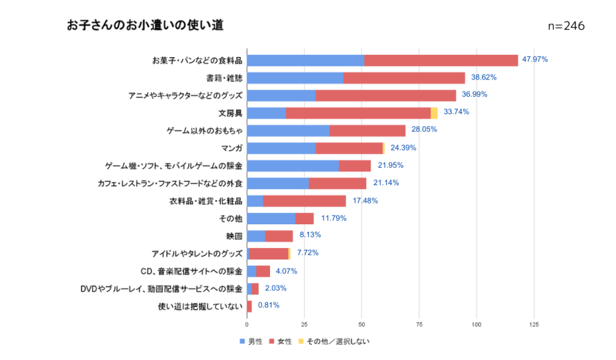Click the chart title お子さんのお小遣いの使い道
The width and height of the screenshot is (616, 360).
[x=145, y=25]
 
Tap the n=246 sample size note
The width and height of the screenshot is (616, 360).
[x=566, y=26]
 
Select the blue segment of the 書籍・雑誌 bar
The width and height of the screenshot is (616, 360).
[x=295, y=78]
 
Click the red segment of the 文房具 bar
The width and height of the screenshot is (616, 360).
[x=358, y=113]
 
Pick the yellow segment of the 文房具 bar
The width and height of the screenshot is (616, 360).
[x=434, y=113]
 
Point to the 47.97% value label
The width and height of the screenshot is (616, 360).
[x=535, y=60]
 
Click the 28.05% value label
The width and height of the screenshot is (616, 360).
[x=425, y=130]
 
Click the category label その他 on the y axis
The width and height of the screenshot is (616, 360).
[x=230, y=219]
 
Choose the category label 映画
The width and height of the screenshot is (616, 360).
[x=234, y=236]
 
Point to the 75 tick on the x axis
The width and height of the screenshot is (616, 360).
[x=419, y=324]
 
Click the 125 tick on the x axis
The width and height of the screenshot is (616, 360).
[x=534, y=324]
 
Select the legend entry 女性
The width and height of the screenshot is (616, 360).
[x=284, y=342]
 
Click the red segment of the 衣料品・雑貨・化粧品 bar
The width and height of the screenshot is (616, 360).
[x=304, y=201]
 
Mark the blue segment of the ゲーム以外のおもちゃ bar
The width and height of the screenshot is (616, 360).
[x=288, y=130]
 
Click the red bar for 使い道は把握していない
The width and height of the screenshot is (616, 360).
[x=249, y=306]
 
